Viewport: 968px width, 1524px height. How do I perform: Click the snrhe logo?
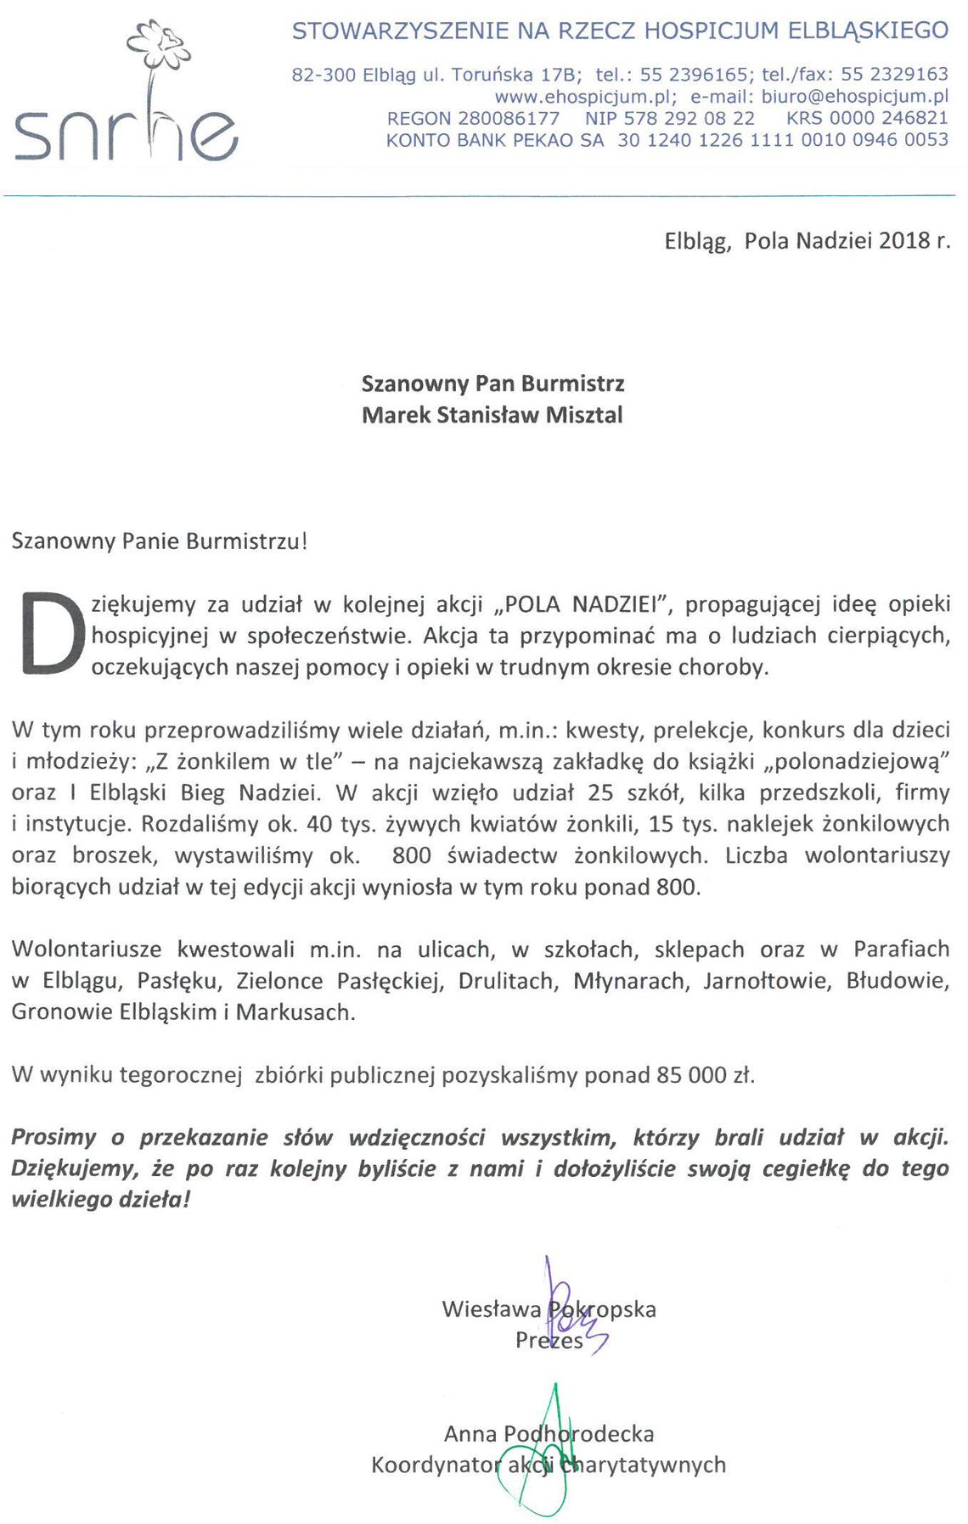[x=126, y=136]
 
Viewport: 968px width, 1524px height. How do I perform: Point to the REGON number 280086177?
[x=509, y=119]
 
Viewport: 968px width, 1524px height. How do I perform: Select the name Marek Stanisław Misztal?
[x=492, y=415]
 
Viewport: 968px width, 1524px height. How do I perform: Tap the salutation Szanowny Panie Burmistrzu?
[x=159, y=541]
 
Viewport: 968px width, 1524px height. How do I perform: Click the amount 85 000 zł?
[x=705, y=1075]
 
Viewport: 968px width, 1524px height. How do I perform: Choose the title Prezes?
[x=549, y=1341]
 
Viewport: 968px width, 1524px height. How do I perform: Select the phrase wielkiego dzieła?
[x=101, y=1200]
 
